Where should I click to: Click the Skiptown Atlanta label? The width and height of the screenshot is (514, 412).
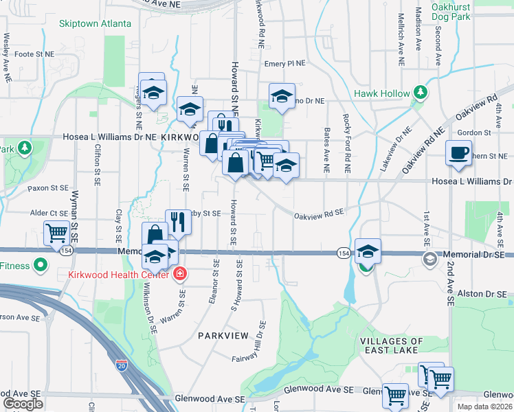click(x=95, y=23)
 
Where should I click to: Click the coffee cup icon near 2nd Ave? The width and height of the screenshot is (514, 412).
click(x=458, y=153)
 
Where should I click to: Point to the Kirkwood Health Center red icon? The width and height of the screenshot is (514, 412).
click(x=180, y=275)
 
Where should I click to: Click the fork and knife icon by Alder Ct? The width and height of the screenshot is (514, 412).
click(x=178, y=221)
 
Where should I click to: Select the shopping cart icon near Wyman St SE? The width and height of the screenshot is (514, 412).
click(x=56, y=232)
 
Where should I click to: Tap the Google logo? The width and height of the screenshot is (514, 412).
click(x=23, y=404)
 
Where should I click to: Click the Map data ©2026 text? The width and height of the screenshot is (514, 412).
click(x=485, y=407)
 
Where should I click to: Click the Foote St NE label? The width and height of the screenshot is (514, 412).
click(x=34, y=54)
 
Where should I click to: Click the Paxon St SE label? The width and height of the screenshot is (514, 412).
click(x=48, y=187)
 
